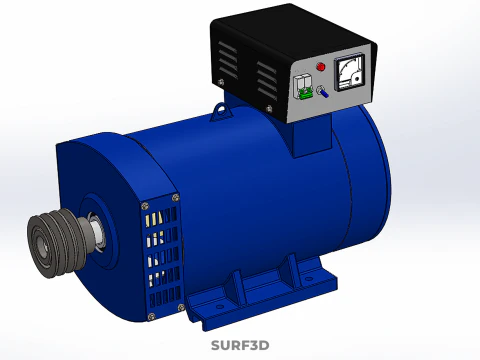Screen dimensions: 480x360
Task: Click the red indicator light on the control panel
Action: tap(321, 67)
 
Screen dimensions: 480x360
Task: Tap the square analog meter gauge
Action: tap(349, 73)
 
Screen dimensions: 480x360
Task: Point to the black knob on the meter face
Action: tap(356, 79)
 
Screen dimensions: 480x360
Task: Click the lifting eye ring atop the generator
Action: tap(221, 110)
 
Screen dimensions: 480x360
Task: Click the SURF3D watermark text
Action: tap(240, 345)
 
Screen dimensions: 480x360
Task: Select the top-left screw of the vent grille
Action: tap(145, 206)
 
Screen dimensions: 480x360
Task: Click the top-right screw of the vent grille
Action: tap(175, 198)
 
